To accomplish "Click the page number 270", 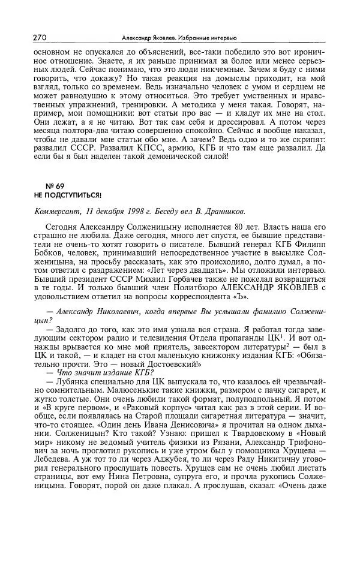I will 40,37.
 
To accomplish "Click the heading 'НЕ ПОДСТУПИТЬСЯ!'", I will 68,195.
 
